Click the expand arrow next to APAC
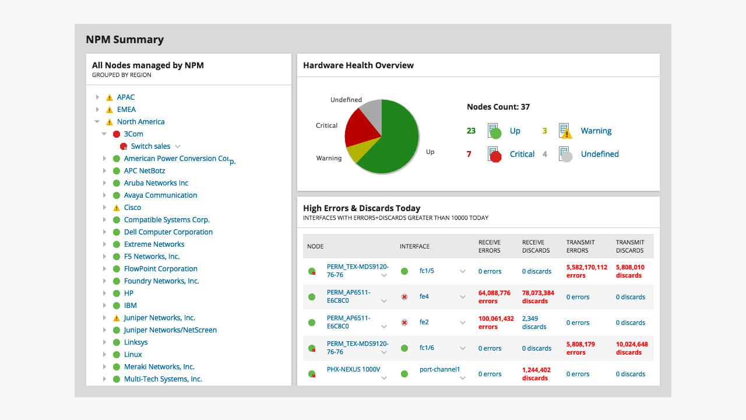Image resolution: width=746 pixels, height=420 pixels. (97, 97)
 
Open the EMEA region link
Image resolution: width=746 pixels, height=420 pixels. (126, 110)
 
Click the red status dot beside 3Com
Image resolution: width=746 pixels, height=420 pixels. (116, 134)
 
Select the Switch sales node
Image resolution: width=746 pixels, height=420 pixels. (150, 146)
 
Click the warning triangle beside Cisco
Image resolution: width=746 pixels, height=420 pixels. (116, 208)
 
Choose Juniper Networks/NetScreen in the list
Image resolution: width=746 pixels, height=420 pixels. (170, 330)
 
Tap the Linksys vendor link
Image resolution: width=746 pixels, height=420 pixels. (136, 342)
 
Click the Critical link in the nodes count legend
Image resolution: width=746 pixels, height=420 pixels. (522, 154)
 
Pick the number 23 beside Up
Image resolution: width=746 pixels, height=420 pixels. (471, 131)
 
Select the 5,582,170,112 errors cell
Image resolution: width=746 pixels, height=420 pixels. (587, 271)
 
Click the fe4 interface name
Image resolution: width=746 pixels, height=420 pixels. (424, 296)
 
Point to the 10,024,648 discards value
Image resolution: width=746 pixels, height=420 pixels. (632, 348)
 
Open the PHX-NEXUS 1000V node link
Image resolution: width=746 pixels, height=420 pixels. (353, 369)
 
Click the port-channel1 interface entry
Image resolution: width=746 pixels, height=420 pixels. (439, 369)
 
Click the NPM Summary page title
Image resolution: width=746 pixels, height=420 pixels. (125, 40)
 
